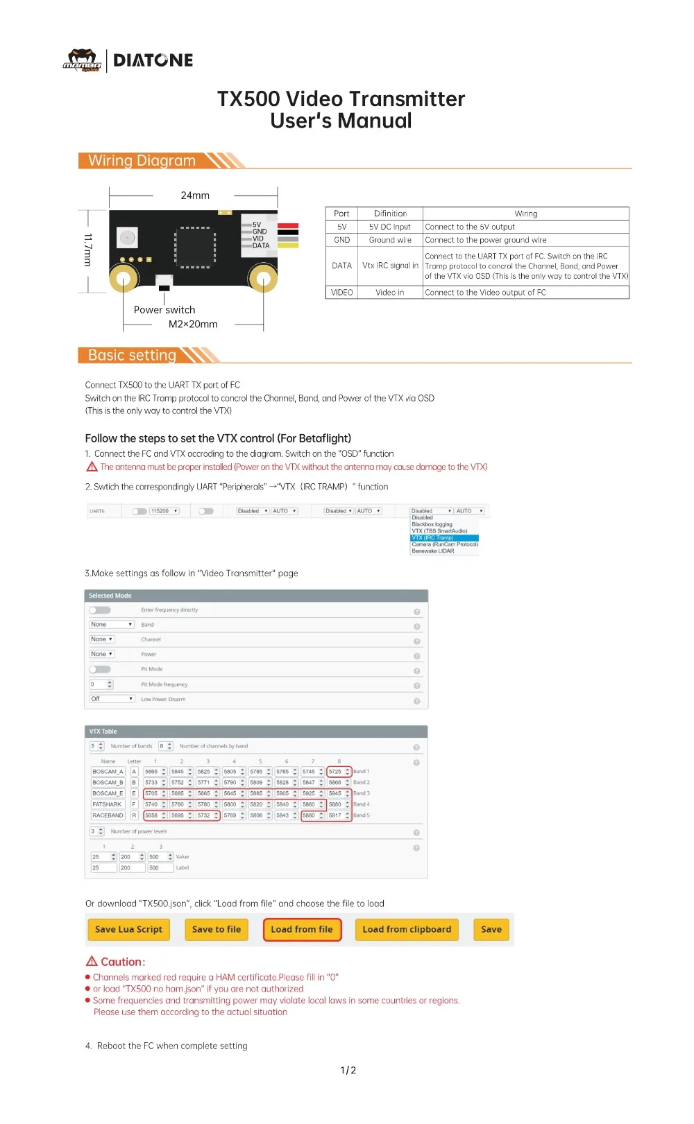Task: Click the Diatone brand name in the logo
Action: click(x=153, y=60)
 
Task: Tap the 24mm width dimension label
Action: click(x=195, y=196)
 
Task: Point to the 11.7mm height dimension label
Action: click(x=87, y=250)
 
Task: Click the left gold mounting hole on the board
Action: click(x=124, y=279)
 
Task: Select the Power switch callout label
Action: click(x=164, y=310)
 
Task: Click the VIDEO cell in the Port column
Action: click(x=341, y=293)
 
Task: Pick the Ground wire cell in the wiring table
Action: click(x=390, y=240)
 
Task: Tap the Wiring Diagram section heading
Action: click(x=142, y=161)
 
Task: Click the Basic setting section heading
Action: click(x=132, y=356)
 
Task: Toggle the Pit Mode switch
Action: click(x=100, y=669)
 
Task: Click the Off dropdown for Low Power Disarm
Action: click(x=112, y=699)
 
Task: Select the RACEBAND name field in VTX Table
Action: click(x=108, y=815)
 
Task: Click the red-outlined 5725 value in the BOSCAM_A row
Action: click(x=336, y=771)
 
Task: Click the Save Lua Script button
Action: click(x=128, y=929)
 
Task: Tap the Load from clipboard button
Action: click(x=407, y=929)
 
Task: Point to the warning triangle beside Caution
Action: click(x=92, y=961)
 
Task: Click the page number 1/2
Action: click(x=348, y=1070)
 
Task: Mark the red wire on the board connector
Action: click(x=288, y=226)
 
